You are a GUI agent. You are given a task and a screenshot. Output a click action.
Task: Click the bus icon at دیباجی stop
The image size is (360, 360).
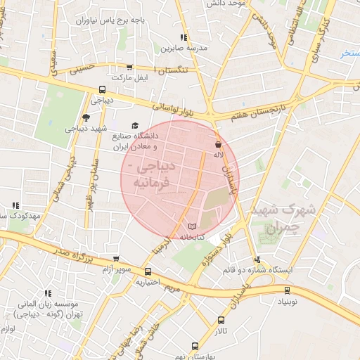tap(103, 89)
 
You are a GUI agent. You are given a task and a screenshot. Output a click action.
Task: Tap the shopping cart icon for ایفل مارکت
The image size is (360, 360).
tap(128, 66)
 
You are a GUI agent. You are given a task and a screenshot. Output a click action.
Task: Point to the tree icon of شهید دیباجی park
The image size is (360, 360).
tap(86, 117)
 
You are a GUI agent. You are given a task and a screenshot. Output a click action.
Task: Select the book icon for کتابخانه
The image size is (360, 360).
tap(193, 226)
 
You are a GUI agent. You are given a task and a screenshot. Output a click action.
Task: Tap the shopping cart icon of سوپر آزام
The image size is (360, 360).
tap(116, 259)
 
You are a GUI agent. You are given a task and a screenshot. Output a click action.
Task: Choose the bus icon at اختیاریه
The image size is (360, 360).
tap(148, 272)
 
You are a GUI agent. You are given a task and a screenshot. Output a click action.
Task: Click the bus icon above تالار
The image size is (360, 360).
tap(221, 320)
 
